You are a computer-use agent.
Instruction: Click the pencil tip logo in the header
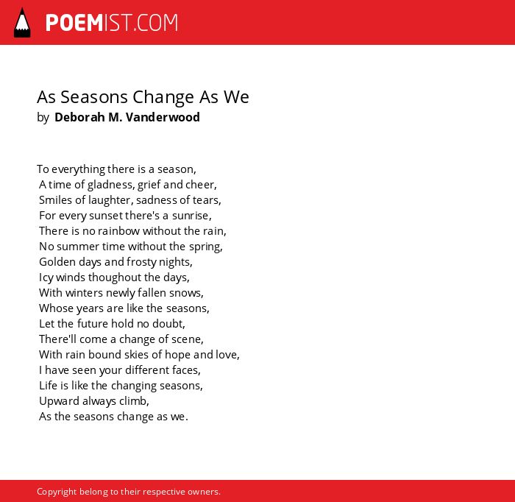click(22, 22)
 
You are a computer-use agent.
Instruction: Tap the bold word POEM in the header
click(74, 23)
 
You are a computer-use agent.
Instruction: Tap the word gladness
click(110, 185)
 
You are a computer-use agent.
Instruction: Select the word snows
click(186, 293)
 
